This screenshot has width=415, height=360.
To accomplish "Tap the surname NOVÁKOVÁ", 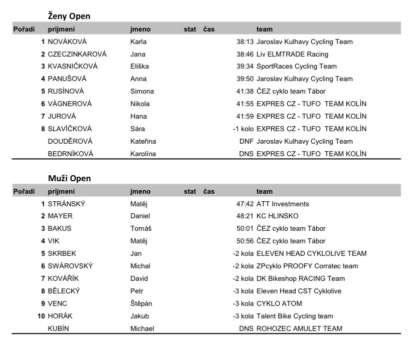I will pyautogui.click(x=70, y=42).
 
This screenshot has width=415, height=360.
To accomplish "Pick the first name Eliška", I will pyautogui.click(x=140, y=67).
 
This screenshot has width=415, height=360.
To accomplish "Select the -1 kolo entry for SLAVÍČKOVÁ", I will pyautogui.click(x=243, y=129).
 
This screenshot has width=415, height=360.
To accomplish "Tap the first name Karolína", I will pyautogui.click(x=143, y=154).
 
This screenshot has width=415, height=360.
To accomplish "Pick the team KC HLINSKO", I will pyautogui.click(x=278, y=216).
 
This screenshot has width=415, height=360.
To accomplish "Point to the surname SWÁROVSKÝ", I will pyautogui.click(x=71, y=265).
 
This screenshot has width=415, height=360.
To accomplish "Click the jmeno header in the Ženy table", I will pyautogui.click(x=140, y=29).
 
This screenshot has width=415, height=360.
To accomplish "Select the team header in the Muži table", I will pyautogui.click(x=264, y=191).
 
